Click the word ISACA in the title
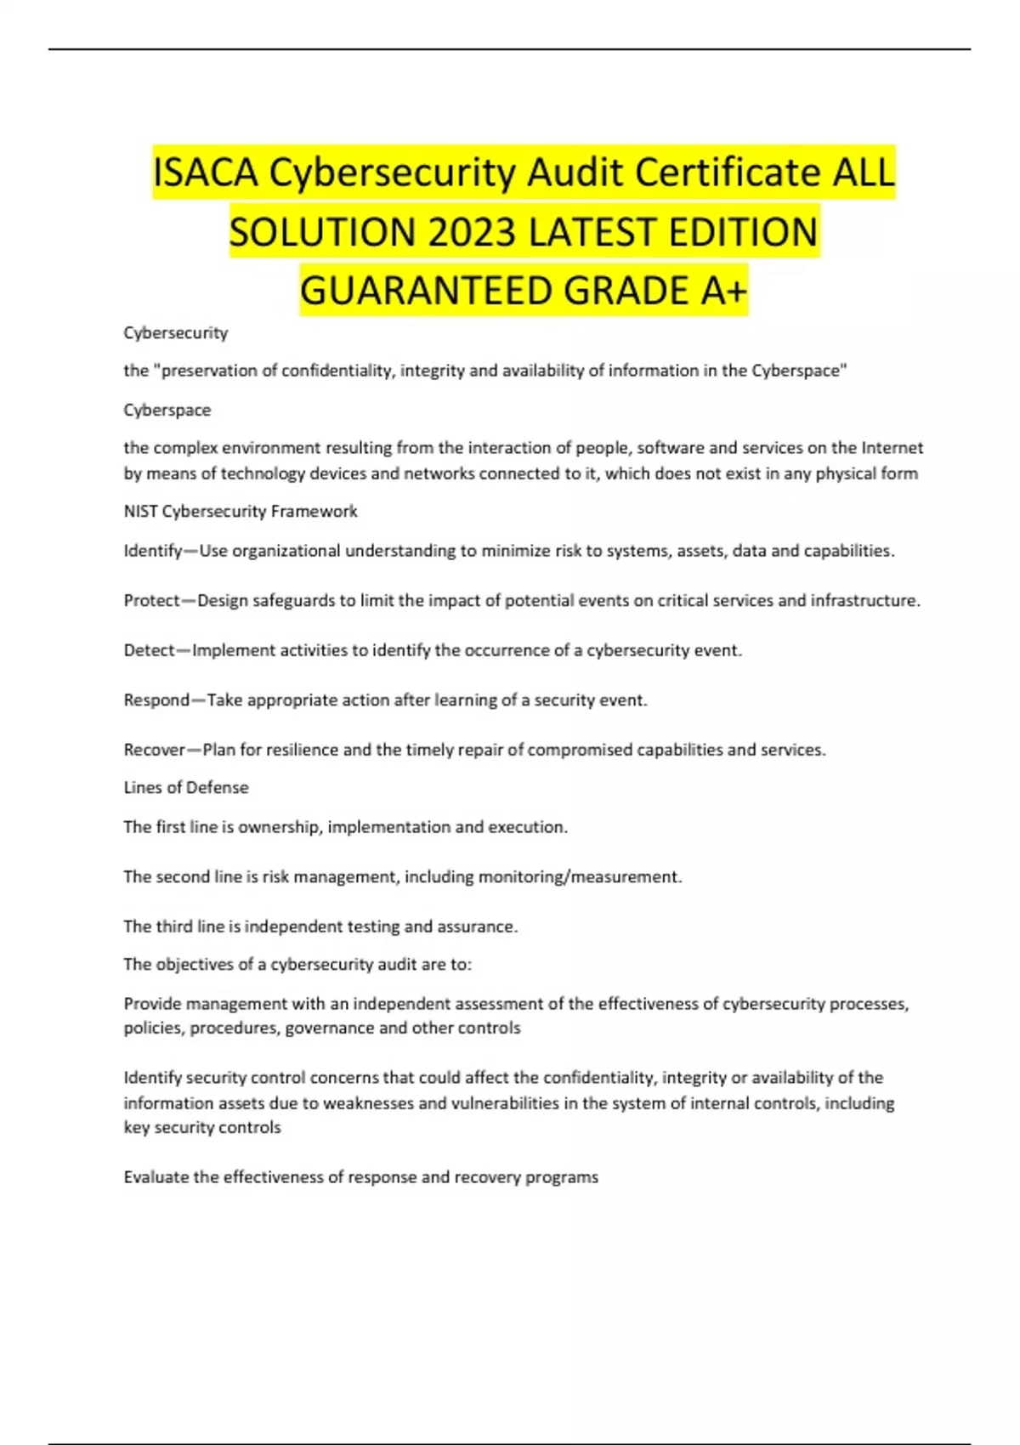[207, 173]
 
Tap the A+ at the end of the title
[724, 291]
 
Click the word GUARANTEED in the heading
[427, 291]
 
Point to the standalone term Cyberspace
[167, 410]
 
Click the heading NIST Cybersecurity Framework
[241, 511]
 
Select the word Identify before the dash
[153, 551]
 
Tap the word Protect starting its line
[152, 600]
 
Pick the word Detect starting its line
[149, 650]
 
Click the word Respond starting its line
[156, 700]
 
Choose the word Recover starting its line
[154, 750]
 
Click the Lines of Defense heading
[186, 787]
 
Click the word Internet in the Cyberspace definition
[892, 448]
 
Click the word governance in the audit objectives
[330, 1028]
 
